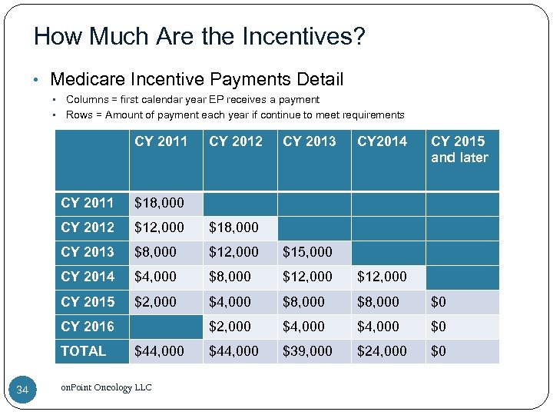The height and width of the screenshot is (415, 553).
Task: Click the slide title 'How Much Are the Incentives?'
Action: [200, 35]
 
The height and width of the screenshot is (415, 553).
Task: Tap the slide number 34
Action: [22, 391]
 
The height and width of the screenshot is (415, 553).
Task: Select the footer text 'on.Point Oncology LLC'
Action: [106, 387]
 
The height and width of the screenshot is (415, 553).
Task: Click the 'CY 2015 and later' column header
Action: [459, 149]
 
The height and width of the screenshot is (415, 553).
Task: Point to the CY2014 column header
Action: [382, 141]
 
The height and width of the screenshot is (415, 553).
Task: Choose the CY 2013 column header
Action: [310, 141]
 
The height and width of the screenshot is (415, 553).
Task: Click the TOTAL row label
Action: [84, 351]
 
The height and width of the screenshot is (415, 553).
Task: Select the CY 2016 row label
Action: [88, 327]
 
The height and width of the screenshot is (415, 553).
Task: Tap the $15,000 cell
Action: [307, 252]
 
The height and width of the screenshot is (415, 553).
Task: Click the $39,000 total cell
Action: [307, 351]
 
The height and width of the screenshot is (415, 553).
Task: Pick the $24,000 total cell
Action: [382, 351]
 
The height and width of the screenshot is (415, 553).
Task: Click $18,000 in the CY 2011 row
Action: [159, 203]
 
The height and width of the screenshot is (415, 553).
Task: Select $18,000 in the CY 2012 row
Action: [233, 227]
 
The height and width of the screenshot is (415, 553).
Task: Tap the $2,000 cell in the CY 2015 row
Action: [155, 302]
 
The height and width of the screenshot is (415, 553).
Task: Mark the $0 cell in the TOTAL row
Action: [439, 351]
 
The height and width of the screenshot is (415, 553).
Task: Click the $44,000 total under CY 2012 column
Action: [233, 351]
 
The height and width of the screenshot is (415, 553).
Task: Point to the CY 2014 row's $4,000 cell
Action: [155, 277]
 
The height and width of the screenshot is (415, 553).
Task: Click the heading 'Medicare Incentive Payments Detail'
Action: [197, 79]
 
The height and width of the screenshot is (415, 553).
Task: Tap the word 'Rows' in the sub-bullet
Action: [79, 115]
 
